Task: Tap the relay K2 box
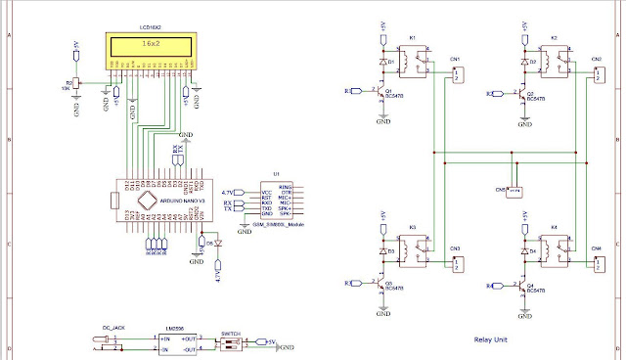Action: [555, 64]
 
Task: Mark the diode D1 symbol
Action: [381, 63]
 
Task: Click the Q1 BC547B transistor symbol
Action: [380, 93]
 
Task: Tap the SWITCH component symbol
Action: [231, 342]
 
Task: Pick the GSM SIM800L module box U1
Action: [276, 200]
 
